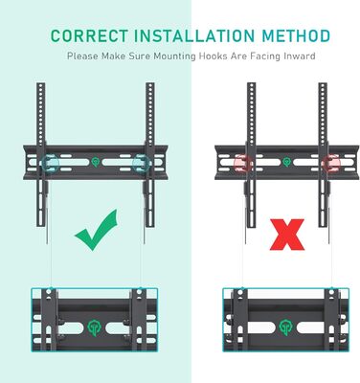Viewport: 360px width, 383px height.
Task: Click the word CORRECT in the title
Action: point(89,35)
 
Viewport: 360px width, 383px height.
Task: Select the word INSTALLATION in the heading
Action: point(194,35)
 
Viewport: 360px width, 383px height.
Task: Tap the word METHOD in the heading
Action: point(296,35)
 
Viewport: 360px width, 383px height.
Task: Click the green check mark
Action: point(97,230)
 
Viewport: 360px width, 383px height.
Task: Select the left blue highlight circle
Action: point(50,163)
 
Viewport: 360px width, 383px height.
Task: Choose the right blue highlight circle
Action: point(141,163)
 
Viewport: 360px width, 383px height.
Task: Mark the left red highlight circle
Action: point(243,163)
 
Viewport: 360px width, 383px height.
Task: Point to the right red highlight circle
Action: point(331,163)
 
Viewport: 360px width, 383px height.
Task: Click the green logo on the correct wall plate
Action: point(96,162)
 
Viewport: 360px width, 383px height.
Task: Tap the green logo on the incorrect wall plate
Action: point(287,162)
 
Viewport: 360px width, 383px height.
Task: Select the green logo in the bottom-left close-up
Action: point(95,327)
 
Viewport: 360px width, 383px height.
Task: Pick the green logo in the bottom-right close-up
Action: point(286,327)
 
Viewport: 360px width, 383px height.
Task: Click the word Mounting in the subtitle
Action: point(174,56)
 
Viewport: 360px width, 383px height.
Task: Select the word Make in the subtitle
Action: point(113,56)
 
